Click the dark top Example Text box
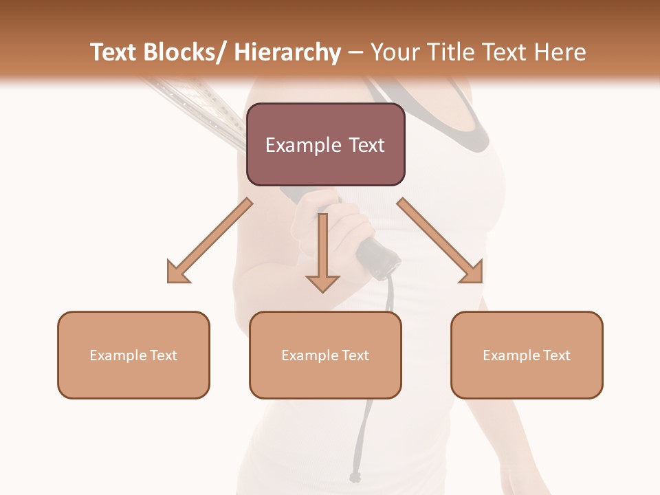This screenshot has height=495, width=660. (x=325, y=144)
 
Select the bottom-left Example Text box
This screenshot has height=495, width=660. (x=133, y=355)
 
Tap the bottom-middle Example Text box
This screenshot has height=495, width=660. (x=325, y=355)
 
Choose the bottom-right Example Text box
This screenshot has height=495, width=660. (x=527, y=355)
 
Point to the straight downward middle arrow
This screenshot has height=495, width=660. (x=322, y=254)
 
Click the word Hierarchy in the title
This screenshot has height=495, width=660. (x=287, y=52)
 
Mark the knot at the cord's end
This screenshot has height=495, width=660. (x=355, y=476)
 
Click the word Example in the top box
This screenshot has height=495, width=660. (x=294, y=145)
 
